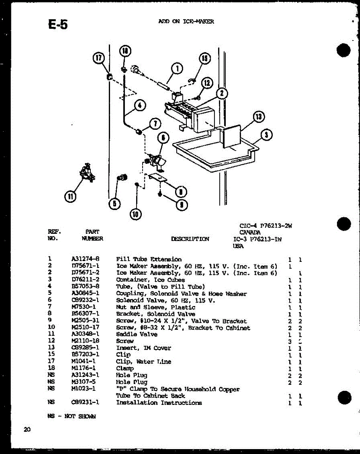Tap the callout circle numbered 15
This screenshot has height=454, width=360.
[205, 58]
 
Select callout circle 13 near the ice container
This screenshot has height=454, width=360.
[258, 117]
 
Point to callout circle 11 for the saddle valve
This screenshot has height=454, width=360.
[70, 196]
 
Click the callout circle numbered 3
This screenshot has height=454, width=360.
[267, 135]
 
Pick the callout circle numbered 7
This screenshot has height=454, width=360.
[155, 123]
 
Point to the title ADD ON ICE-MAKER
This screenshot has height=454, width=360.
[186, 22]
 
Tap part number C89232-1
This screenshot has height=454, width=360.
[85, 300]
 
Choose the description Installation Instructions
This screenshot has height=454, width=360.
[159, 403]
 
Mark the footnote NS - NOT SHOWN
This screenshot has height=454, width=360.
[72, 417]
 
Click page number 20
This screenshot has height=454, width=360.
[27, 429]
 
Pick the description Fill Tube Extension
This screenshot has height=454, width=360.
[149, 260]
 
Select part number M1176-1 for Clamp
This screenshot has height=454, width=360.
[84, 368]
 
